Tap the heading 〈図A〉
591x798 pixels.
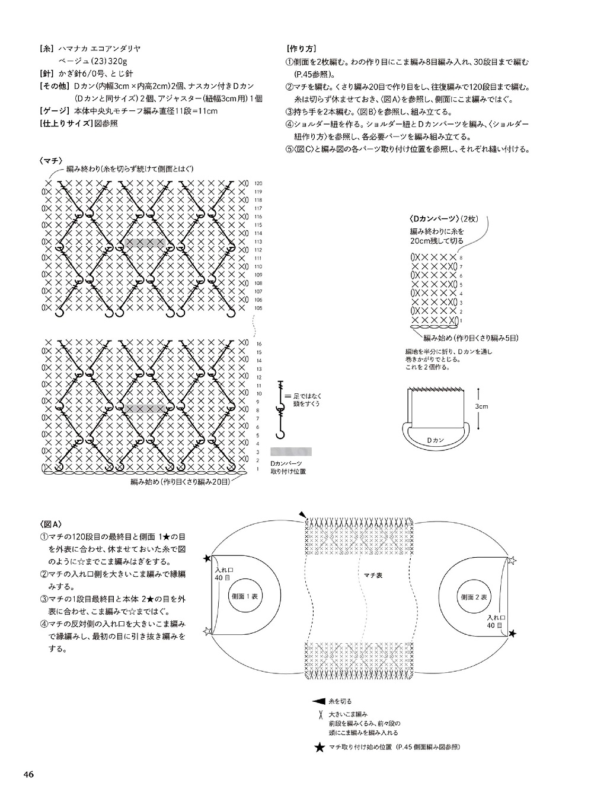tap(51, 524)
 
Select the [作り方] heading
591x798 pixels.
tap(301, 49)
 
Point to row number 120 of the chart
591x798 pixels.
tap(258, 183)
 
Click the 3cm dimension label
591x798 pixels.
tap(481, 407)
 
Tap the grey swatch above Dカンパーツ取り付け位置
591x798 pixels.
tap(291, 451)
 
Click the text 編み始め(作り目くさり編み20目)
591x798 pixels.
tap(180, 482)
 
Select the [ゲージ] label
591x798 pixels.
tap(55, 111)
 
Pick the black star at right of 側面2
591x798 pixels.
tap(513, 634)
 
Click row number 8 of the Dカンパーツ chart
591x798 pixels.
tap(461, 257)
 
